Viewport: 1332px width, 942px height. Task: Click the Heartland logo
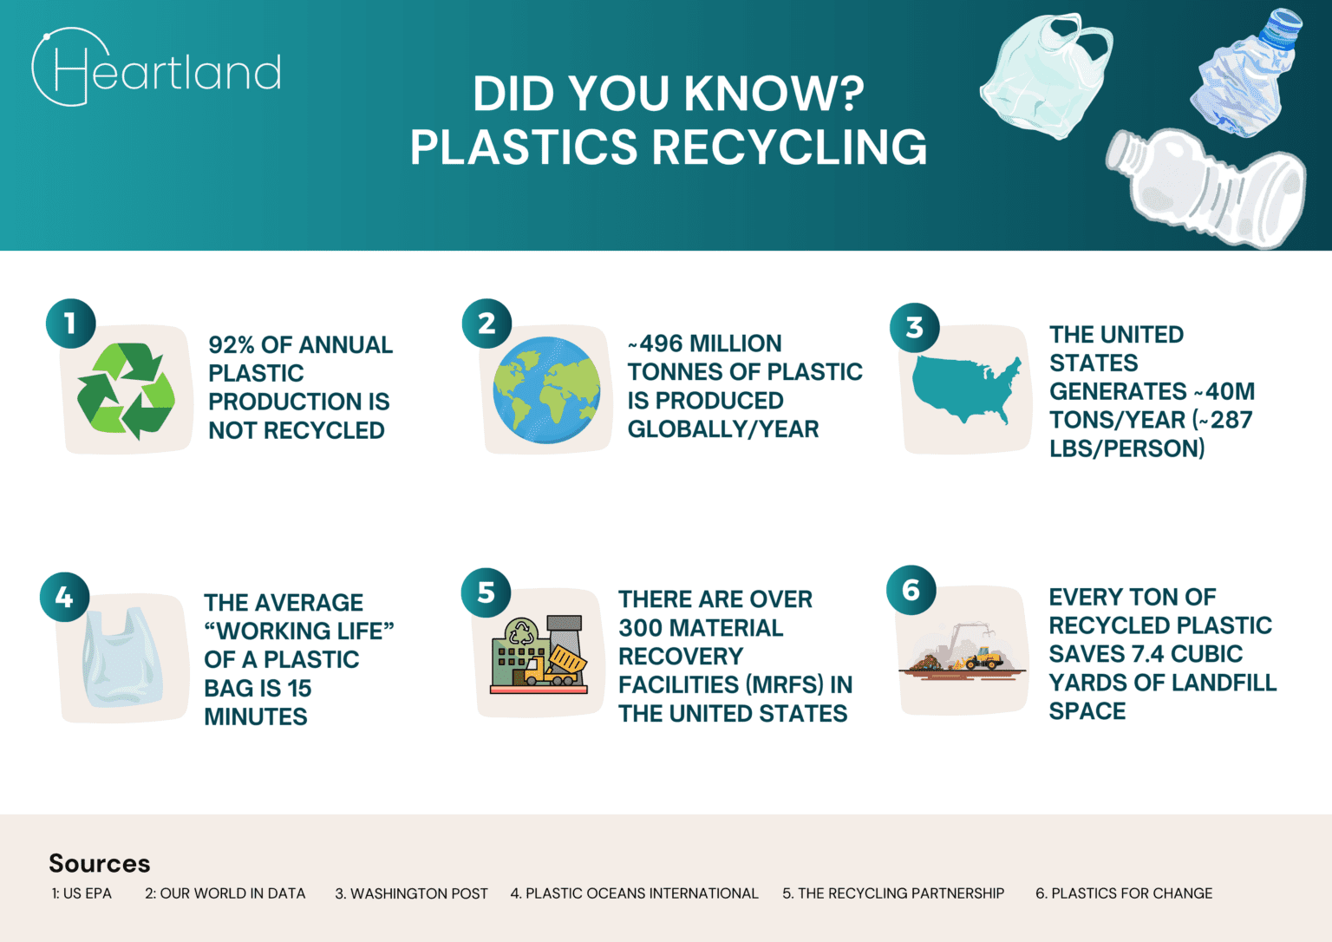click(x=156, y=69)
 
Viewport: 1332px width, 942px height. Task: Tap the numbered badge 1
click(x=70, y=324)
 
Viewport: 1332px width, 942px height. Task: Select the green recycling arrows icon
click(x=126, y=389)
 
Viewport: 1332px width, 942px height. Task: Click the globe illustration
click(x=546, y=389)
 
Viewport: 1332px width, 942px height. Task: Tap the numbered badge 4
click(x=64, y=597)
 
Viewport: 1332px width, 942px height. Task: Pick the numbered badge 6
click(x=911, y=590)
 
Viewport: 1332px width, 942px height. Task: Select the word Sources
click(x=100, y=863)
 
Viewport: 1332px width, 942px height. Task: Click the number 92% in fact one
click(x=232, y=345)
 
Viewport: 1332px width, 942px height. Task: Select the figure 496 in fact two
click(x=661, y=343)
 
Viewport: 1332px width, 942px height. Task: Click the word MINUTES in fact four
click(x=256, y=716)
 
